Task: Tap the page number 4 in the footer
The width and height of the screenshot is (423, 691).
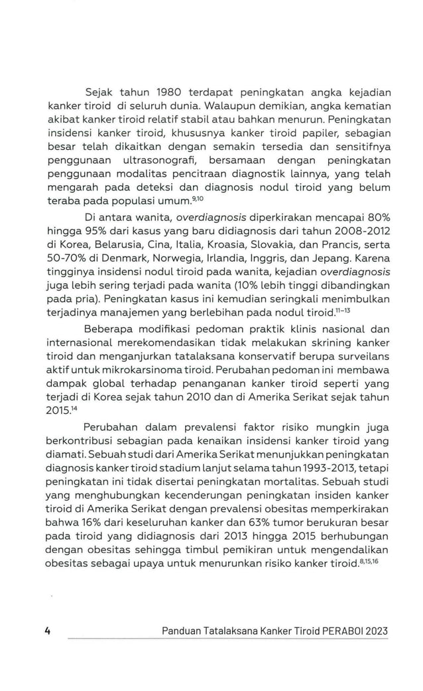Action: point(48,631)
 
